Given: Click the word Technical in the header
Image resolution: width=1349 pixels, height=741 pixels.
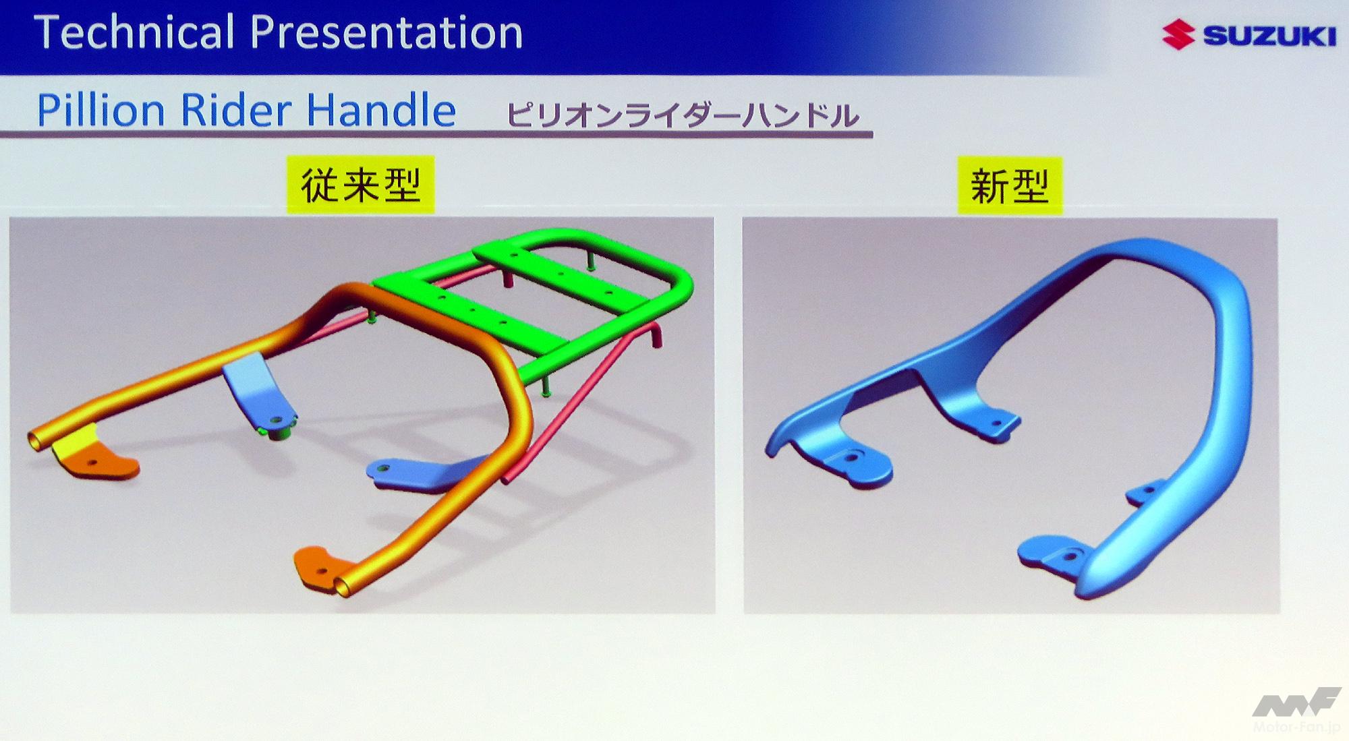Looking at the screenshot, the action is [x=134, y=32].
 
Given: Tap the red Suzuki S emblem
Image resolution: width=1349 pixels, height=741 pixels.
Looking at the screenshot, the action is [x=1178, y=35].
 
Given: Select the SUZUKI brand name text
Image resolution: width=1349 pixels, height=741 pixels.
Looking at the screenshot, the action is [x=1269, y=36].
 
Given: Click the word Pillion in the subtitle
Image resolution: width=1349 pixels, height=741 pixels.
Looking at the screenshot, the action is [x=101, y=110].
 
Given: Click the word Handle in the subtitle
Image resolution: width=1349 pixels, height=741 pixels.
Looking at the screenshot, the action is [x=381, y=110].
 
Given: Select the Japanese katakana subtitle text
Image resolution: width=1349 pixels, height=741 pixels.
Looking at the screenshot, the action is [x=683, y=115].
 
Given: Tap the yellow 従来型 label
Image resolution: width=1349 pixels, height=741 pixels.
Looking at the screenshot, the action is [x=361, y=185].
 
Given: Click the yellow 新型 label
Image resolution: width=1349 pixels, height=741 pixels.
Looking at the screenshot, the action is [x=1010, y=185].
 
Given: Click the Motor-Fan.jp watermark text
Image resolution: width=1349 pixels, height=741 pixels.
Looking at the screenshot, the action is [x=1296, y=727].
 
